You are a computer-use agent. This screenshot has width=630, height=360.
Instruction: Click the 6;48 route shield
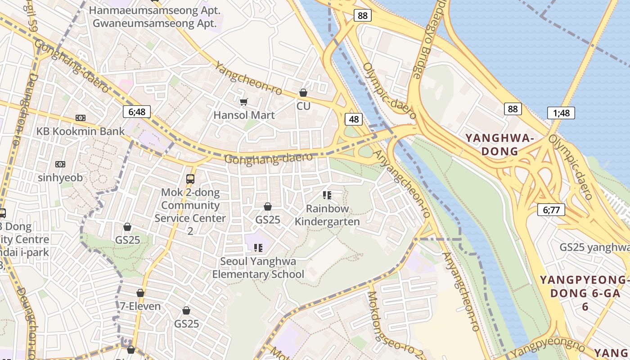coord(137,112)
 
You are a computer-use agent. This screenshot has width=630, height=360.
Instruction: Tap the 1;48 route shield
coord(561,112)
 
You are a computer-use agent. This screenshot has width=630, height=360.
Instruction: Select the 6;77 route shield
coord(551,209)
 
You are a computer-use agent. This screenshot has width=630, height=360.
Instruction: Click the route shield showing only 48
coord(354,119)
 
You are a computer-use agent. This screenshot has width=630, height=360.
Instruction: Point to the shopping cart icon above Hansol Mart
coord(243,102)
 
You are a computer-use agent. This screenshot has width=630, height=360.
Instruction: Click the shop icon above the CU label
coord(303,93)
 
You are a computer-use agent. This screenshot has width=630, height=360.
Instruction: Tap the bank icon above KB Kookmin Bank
coord(81,118)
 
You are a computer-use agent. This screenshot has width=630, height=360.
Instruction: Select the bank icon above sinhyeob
coord(60,164)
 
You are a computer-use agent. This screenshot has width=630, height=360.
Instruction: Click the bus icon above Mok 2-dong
coord(190,179)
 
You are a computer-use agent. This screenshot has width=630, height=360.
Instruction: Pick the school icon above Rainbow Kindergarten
coord(327,195)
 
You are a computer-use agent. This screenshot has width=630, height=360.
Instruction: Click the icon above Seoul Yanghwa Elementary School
coord(258,247)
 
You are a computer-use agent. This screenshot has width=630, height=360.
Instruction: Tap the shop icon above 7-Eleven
coord(140,293)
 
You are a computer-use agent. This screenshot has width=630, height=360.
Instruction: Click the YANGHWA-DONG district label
coord(499,144)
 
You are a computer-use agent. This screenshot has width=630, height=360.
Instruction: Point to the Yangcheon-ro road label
coord(248,79)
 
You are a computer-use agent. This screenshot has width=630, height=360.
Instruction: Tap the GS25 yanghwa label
coord(594,247)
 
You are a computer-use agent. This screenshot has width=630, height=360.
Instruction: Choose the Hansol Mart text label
coord(244,115)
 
